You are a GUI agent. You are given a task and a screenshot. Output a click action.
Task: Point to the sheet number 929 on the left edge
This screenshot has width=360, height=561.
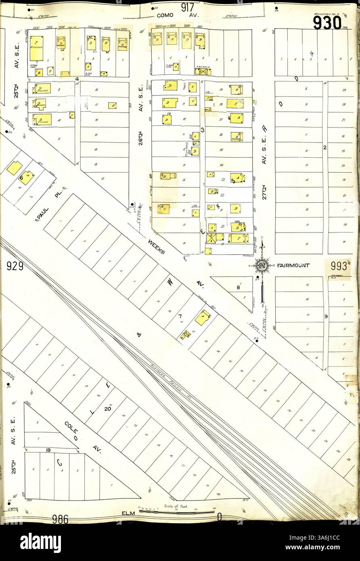click(15, 266)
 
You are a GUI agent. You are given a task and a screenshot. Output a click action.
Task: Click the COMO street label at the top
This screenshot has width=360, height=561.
click(165, 15)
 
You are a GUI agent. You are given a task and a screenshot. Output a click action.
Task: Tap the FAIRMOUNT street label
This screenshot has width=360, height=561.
click(293, 266)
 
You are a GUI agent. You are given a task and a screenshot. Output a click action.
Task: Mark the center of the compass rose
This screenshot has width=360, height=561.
click(262, 266)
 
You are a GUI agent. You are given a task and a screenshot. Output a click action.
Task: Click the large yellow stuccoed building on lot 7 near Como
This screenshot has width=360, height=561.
click(36, 48)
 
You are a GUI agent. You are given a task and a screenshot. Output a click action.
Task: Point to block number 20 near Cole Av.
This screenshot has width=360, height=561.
click(107, 408)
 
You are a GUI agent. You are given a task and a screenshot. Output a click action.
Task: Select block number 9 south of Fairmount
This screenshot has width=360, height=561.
click(325, 317)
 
